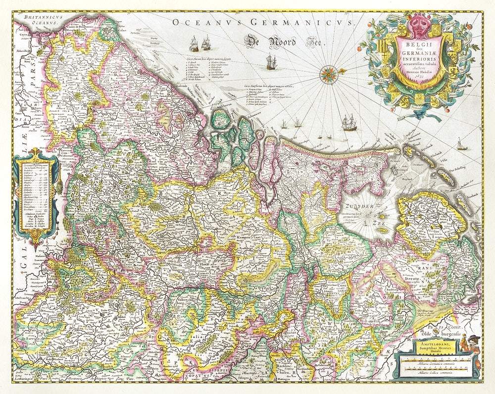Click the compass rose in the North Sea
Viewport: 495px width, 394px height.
pos(328,74)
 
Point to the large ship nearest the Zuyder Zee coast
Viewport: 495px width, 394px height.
pos(349,122)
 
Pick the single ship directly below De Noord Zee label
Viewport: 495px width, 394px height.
pos(270,62)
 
